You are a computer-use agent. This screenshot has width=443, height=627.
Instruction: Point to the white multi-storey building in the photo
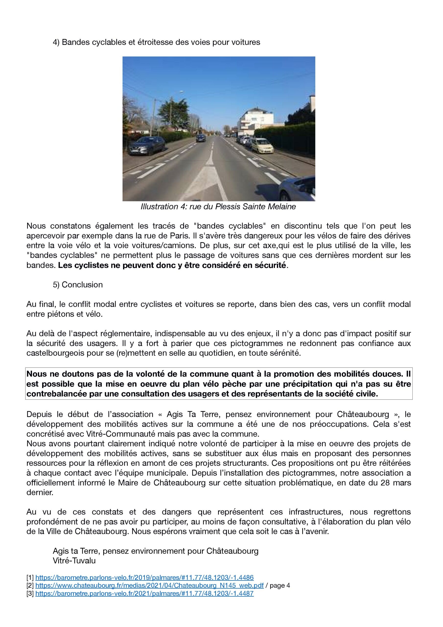point(256,120)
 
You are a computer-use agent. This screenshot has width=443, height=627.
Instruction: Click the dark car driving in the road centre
point(201,138)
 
